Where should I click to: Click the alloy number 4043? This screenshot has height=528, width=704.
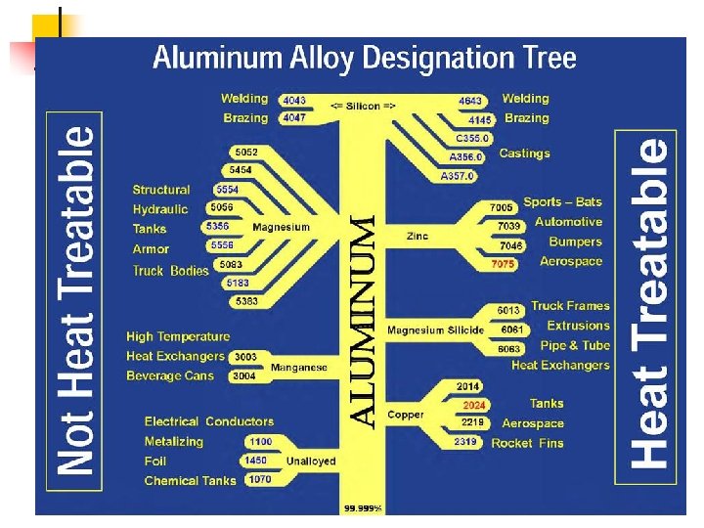293,100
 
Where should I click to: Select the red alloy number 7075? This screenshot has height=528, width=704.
503,264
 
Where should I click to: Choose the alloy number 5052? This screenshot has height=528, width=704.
246,153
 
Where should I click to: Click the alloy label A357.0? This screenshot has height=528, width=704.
456,176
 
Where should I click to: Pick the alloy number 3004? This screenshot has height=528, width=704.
244,376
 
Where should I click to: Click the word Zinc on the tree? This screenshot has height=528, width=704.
417,237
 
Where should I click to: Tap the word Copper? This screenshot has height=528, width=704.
406,416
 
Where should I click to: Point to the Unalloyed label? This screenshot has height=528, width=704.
311,461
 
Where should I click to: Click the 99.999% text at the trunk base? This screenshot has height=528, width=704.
363,508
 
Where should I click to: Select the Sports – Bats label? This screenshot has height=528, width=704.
563,202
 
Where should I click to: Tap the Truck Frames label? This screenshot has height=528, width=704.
570,306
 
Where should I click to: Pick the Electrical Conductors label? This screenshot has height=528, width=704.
209,421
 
